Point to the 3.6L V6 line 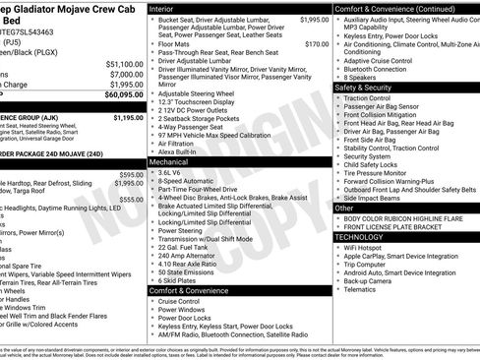pos(175,171)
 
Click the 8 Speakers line pos(368,77)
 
